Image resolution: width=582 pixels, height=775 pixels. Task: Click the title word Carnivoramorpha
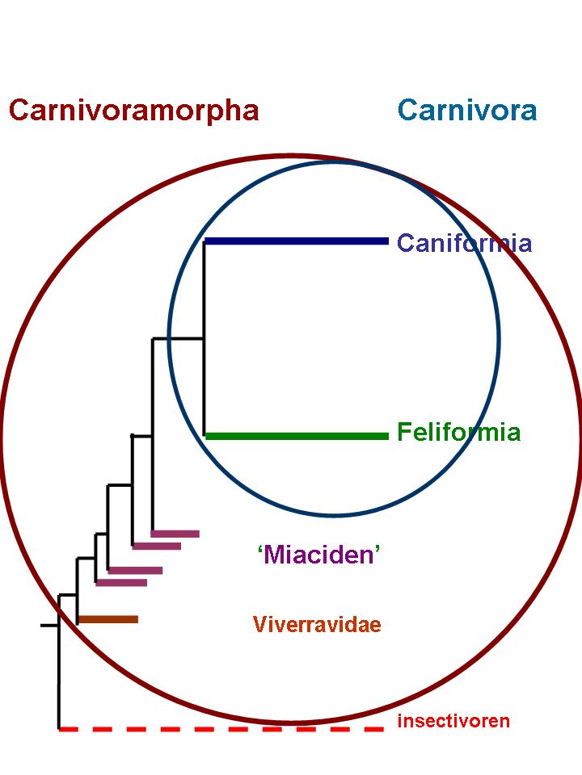point(133,110)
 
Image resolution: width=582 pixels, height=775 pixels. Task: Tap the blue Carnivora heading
point(467,110)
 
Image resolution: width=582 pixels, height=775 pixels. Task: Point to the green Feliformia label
point(458,433)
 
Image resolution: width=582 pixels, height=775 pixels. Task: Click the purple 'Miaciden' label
point(318,555)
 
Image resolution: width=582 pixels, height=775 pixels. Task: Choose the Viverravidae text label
point(317,624)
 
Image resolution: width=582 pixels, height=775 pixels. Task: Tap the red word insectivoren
point(453,721)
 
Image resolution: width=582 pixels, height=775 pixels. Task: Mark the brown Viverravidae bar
point(108,619)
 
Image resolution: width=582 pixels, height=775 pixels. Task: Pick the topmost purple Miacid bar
point(175,533)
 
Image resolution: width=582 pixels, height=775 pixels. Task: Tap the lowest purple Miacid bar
point(121,582)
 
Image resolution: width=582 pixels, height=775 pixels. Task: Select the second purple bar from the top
point(157,546)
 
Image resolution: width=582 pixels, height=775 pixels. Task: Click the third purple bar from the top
point(135,570)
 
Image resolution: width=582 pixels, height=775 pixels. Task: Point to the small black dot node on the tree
point(133,436)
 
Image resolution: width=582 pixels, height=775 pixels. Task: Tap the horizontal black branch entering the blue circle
point(178,338)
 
